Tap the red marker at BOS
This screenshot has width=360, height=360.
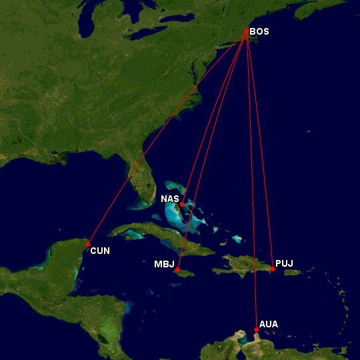pyautogui.click(x=247, y=31)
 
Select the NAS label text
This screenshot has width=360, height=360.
pyautogui.click(x=169, y=199)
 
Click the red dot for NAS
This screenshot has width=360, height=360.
pyautogui.click(x=182, y=204)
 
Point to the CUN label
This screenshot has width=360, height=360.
pyautogui.click(x=100, y=251)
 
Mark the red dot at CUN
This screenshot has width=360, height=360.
pyautogui.click(x=87, y=244)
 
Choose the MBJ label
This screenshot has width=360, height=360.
pyautogui.click(x=164, y=264)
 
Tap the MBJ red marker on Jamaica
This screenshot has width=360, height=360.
pyautogui.click(x=177, y=269)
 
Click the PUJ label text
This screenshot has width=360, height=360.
pyautogui.click(x=284, y=264)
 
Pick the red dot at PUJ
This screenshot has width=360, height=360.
pyautogui.click(x=273, y=269)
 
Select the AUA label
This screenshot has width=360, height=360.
pyautogui.click(x=269, y=324)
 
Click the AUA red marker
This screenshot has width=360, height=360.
pyautogui.click(x=256, y=329)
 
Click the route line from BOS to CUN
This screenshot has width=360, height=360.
pyautogui.click(x=167, y=138)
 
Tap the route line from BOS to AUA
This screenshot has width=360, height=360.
pyautogui.click(x=251, y=180)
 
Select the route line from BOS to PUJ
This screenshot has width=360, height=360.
pyautogui.click(x=260, y=150)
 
